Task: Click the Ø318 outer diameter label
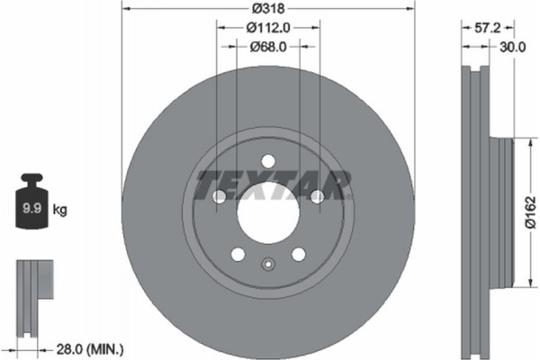[x=267, y=8]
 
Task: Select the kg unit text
[x=61, y=210]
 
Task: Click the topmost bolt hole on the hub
[x=267, y=162]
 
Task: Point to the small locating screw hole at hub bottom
[x=267, y=265]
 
